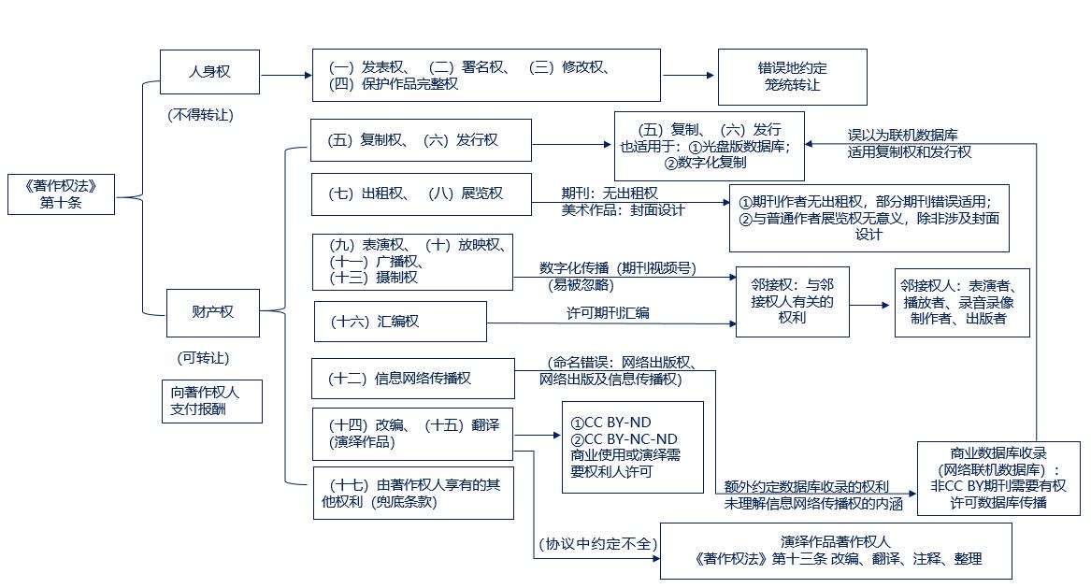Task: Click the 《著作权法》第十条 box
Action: coord(61,194)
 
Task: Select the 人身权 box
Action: coord(209,72)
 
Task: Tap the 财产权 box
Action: coord(213,312)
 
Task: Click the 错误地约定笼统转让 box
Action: coord(792,77)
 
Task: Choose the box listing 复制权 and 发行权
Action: coord(421,140)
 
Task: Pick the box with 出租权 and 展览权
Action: coord(421,194)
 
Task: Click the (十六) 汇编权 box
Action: coord(400,321)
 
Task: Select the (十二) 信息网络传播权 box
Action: coord(412,379)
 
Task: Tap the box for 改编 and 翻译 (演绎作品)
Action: coord(412,433)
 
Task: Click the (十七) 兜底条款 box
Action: coord(412,493)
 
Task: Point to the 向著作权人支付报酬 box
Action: coord(210,401)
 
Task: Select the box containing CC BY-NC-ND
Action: coord(632,447)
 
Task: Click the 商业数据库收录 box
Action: coord(998,478)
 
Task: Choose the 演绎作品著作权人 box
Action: coord(836,551)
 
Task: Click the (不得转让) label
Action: coord(201,115)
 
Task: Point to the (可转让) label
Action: coord(203,358)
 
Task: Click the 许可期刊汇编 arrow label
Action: coord(608,313)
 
